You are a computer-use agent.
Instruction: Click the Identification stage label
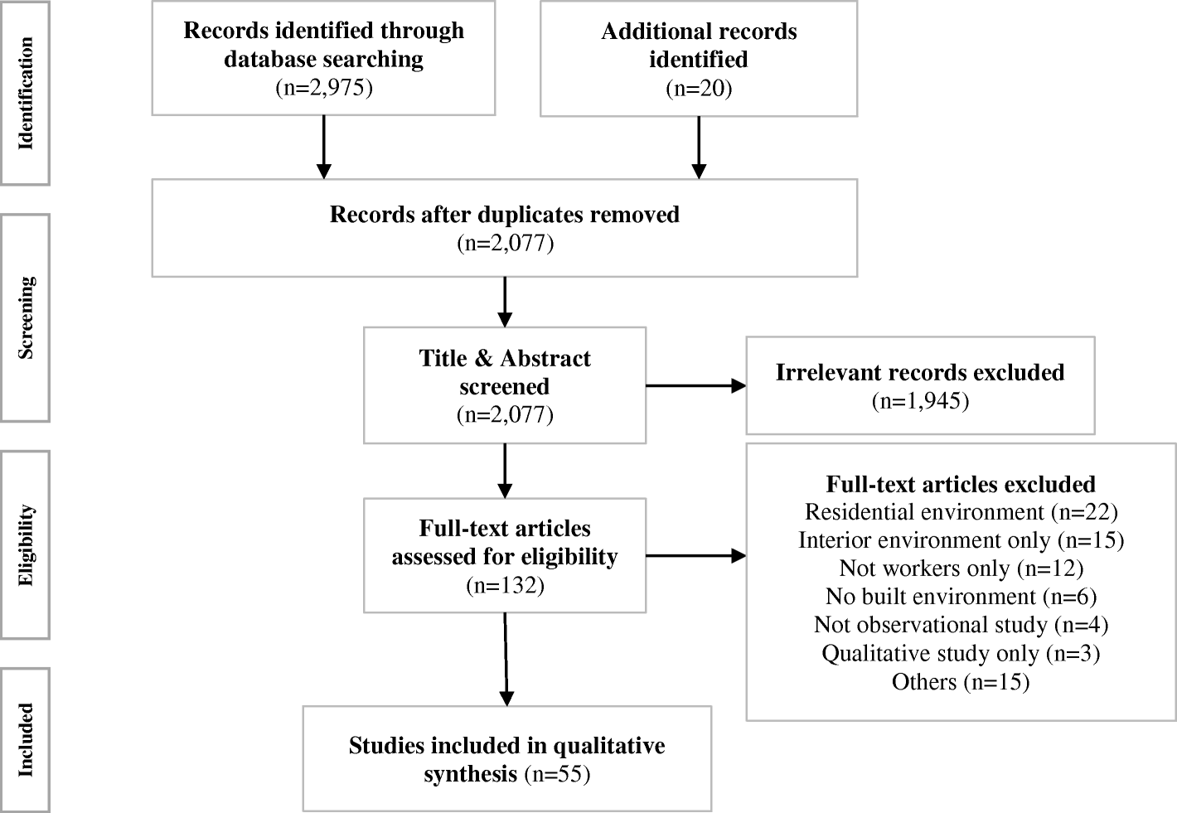coord(26,93)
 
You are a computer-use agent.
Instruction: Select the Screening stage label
coord(26,317)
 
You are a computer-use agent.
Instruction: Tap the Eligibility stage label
coord(26,544)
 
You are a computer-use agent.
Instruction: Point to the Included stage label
coord(26,739)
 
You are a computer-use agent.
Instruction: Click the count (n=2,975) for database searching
coord(323,87)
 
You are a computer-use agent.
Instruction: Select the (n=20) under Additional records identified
coord(699,88)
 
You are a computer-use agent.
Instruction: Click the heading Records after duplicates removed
coord(504,215)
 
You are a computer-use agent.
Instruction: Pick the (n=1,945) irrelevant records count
coord(920,401)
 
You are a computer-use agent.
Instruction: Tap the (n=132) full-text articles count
coord(504,585)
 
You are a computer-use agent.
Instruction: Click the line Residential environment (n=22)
coord(961,512)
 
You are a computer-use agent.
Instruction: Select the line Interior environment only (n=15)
coord(961,540)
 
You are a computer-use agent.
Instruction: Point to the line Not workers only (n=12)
coord(961,569)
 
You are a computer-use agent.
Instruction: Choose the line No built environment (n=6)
coord(961,597)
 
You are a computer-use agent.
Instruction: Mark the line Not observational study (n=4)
coord(961,625)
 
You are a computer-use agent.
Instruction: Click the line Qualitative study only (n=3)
coord(961,653)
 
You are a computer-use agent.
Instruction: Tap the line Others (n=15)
coord(961,681)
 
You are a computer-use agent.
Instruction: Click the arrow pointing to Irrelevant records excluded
coord(695,385)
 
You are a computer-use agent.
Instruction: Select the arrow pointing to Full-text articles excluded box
coord(695,556)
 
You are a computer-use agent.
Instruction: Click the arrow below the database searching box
coord(323,147)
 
